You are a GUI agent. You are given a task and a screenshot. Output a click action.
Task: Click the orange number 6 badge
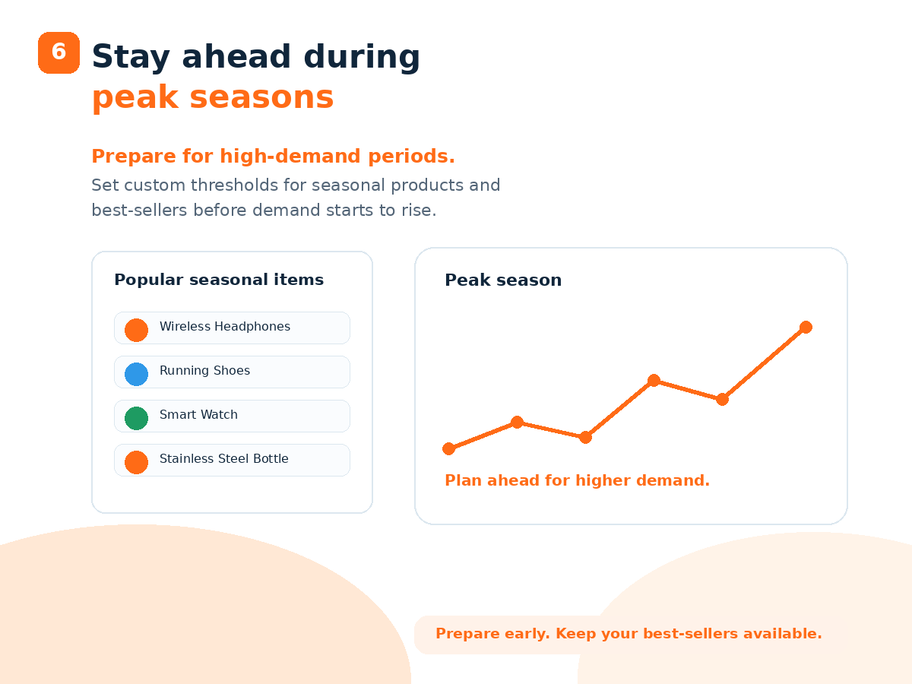coord(59,52)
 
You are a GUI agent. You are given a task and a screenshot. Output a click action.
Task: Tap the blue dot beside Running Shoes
coord(136,374)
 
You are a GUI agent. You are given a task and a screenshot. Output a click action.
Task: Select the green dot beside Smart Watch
coord(136,418)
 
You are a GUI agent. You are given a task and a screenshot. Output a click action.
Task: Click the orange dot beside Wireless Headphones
coord(136,330)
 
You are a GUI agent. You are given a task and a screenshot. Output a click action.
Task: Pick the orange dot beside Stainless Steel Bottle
coord(136,462)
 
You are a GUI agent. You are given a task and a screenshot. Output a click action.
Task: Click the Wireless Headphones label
coord(225,327)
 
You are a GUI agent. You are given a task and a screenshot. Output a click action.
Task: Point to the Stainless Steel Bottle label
coord(224,458)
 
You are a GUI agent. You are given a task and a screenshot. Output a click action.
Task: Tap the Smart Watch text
coord(198,414)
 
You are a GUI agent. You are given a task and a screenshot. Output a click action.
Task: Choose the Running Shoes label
coord(205,370)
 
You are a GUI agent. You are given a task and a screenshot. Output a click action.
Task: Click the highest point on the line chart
coord(806,328)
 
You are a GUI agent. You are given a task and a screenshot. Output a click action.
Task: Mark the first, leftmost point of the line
coord(448,448)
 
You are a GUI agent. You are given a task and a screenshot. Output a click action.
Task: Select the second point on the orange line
coord(517,423)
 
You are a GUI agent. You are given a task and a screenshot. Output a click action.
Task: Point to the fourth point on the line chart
coord(654,381)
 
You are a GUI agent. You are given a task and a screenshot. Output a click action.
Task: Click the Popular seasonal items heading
coord(219,280)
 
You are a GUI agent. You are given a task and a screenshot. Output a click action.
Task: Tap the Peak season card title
coord(503,280)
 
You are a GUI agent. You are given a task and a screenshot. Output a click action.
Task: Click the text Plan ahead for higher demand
coord(577,480)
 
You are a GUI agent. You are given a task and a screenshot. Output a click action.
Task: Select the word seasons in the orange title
coord(261,97)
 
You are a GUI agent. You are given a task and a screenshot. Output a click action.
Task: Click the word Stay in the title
coord(131,57)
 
